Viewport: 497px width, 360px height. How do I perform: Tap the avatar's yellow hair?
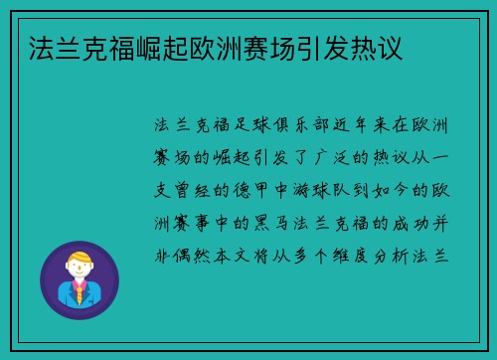coord(79,258)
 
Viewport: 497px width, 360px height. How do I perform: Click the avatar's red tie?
coord(79,294)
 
